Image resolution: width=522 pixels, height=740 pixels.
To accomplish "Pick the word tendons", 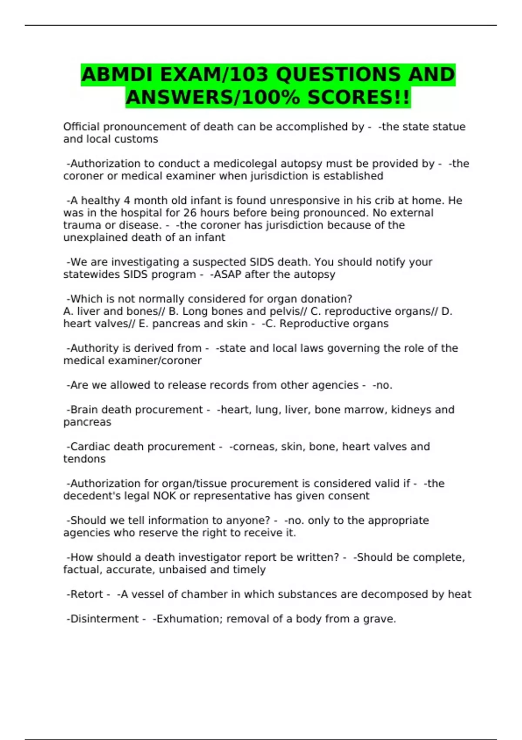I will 84,459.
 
